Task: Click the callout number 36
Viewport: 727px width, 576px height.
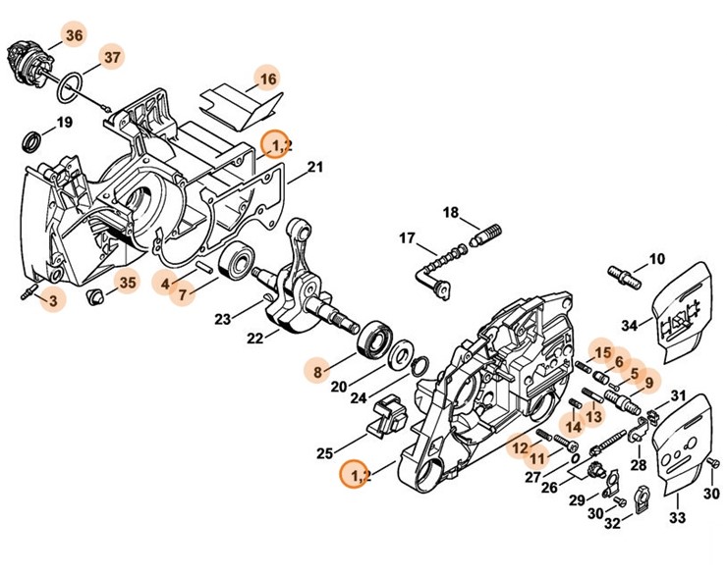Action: click(x=75, y=35)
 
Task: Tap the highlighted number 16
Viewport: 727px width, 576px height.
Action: click(x=267, y=78)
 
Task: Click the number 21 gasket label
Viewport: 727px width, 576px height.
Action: click(x=314, y=168)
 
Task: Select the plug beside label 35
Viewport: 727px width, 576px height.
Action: click(x=96, y=296)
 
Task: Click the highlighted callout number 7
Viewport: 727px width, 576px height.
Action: click(x=182, y=294)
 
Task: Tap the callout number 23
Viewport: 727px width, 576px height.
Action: click(x=223, y=318)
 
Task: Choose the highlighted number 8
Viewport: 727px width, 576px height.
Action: click(x=316, y=372)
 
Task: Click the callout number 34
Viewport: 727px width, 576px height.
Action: click(x=629, y=326)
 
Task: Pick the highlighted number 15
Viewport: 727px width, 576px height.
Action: click(x=601, y=351)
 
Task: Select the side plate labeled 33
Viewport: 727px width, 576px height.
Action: click(x=679, y=453)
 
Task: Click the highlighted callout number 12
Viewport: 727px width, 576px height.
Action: click(x=518, y=447)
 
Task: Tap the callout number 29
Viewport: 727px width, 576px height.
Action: click(x=577, y=500)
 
